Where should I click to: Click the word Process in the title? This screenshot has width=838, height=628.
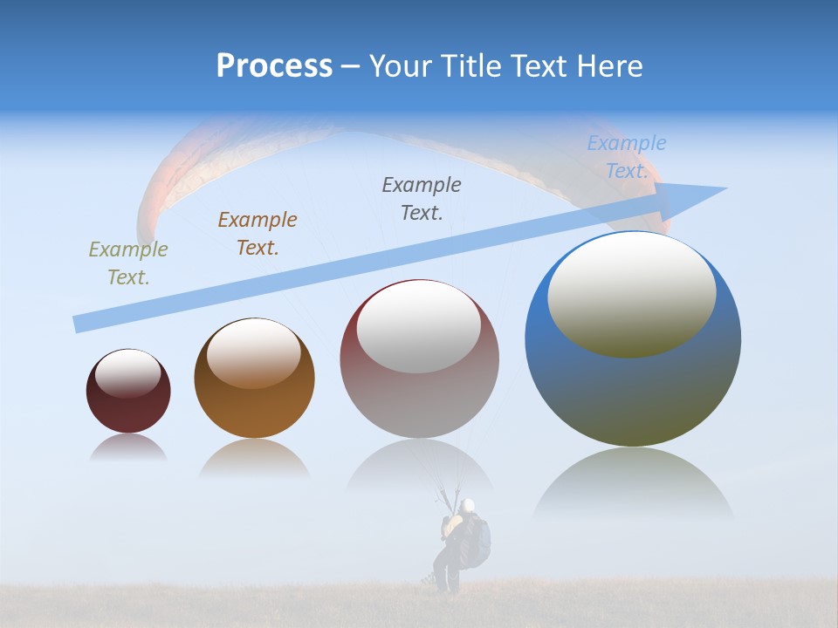click(x=274, y=66)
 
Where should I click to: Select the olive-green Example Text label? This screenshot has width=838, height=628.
click(x=127, y=263)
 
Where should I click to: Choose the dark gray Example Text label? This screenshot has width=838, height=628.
click(x=422, y=198)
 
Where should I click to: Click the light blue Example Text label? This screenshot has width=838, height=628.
click(x=627, y=157)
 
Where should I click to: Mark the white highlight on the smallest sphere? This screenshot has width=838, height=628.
click(x=128, y=373)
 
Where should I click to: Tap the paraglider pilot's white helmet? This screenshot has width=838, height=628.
click(x=469, y=505)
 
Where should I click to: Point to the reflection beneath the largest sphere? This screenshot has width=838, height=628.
click(x=633, y=484)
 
